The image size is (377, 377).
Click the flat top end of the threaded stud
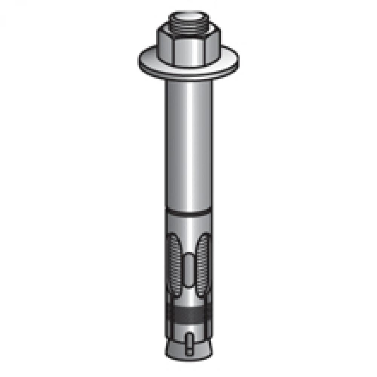188,16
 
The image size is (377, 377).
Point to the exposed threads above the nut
188,26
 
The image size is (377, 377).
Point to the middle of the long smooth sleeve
188,147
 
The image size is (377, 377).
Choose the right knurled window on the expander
203,264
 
